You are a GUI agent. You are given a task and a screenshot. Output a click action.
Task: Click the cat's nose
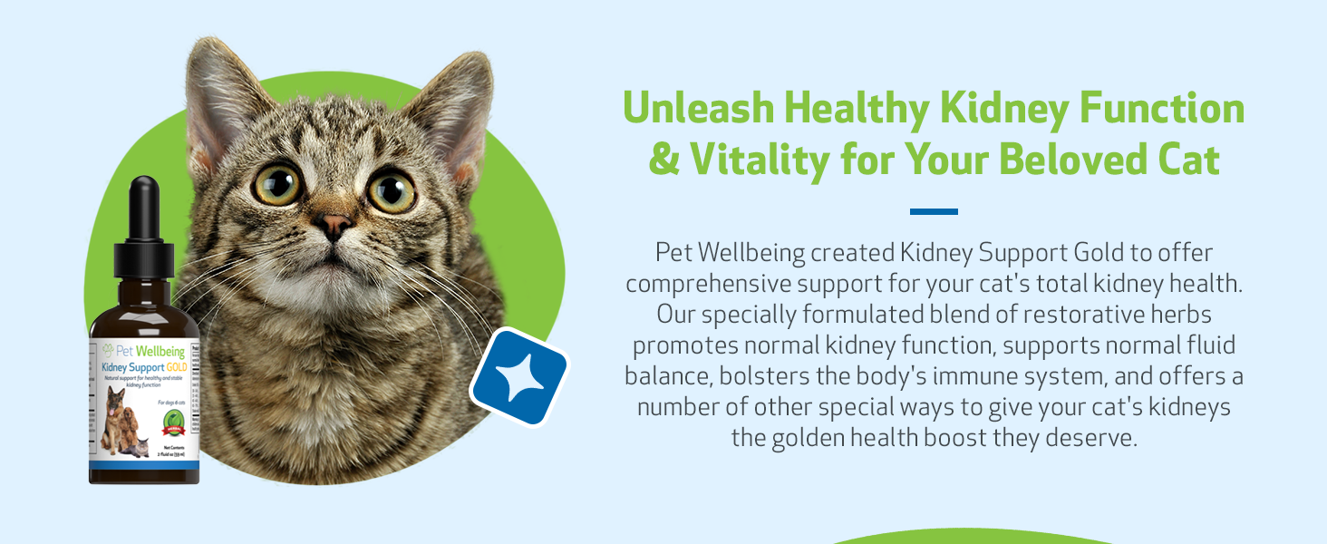334,225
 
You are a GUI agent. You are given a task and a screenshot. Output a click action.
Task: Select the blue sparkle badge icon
518,377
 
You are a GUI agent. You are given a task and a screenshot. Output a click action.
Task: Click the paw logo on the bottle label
109,350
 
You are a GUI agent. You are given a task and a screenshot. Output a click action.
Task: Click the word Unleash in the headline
695,109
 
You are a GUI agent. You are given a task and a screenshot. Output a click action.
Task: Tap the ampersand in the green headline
663,160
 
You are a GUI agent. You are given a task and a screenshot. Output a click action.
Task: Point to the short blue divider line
933,211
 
